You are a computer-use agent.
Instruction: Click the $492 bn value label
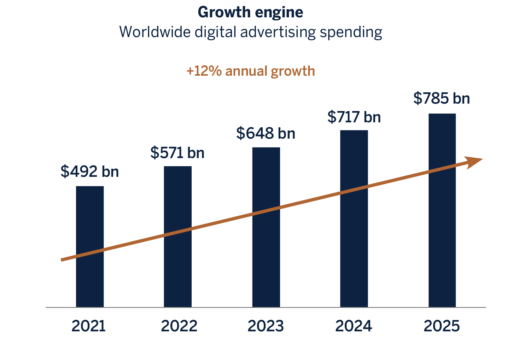[89, 171]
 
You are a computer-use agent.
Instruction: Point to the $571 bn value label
[177, 153]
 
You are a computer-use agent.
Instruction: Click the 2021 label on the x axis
[89, 326]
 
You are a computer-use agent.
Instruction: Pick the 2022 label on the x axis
[179, 326]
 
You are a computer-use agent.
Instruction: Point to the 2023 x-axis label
[266, 326]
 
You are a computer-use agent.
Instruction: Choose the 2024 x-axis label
[354, 326]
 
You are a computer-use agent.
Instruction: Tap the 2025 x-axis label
[442, 326]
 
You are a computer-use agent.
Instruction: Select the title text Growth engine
[250, 12]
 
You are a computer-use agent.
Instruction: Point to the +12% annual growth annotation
[250, 71]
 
